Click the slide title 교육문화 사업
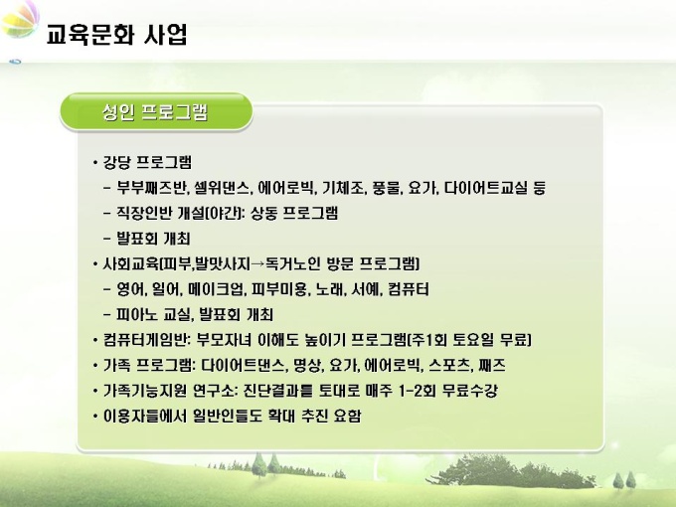[x=117, y=35]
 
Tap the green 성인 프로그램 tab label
[x=155, y=112]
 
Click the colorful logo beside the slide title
[x=20, y=19]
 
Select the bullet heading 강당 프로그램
[x=147, y=162]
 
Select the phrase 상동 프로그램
[x=294, y=213]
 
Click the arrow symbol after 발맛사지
[x=257, y=263]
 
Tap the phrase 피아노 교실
[x=153, y=315]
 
